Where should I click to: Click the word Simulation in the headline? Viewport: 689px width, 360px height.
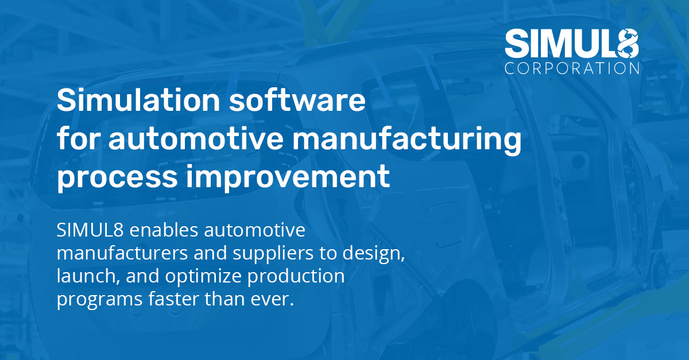click(x=138, y=100)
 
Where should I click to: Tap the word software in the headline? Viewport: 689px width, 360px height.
click(x=297, y=100)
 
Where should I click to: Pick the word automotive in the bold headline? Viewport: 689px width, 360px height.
click(x=196, y=139)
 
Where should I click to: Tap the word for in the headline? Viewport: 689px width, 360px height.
click(x=79, y=138)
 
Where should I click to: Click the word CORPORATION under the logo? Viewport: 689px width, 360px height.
click(x=572, y=68)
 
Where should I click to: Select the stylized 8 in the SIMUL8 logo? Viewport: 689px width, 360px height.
click(x=627, y=43)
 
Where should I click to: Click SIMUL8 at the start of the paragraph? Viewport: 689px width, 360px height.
click(x=90, y=230)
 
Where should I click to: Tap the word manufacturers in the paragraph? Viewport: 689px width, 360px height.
click(x=122, y=253)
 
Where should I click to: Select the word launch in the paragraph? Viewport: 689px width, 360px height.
click(x=88, y=276)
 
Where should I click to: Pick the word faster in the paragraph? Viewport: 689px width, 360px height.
click(x=174, y=299)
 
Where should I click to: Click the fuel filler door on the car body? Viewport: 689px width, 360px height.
click(x=447, y=225)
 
